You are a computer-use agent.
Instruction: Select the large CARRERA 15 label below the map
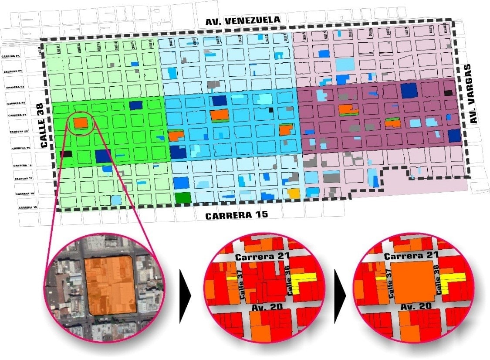click(237, 215)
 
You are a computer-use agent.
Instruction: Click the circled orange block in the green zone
click(81, 123)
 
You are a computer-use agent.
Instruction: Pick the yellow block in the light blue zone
click(294, 193)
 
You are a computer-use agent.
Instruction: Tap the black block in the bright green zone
click(66, 153)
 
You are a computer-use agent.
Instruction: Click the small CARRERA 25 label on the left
click(12, 57)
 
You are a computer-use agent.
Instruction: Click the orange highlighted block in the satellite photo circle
click(111, 285)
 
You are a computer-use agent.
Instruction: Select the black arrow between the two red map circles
click(340, 296)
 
